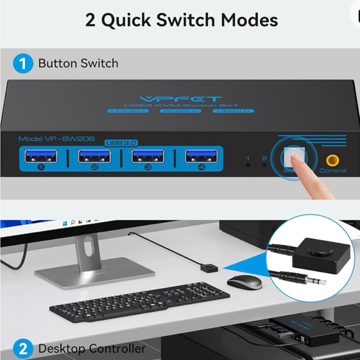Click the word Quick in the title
pos(129,20)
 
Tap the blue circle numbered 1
pos(23,63)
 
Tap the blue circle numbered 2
pos(23,348)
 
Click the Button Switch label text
pos(78,63)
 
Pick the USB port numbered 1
pos(41,156)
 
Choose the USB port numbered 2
pos(94,156)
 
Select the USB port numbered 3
pos(148,156)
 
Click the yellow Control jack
pos(333,160)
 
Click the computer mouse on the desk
pos(245,282)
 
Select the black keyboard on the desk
pos(139,301)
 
